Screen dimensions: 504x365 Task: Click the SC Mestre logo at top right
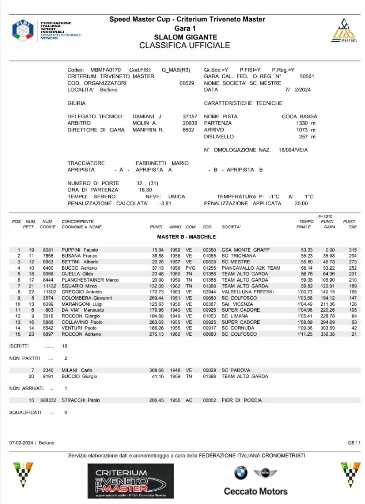point(343,30)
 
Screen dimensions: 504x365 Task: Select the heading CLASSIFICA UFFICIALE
point(185,45)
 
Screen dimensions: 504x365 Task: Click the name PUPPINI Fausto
point(80,250)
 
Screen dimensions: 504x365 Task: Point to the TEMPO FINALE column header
point(303,224)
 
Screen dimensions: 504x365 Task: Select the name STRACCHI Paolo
point(80,400)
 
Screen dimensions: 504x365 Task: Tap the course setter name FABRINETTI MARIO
point(162,163)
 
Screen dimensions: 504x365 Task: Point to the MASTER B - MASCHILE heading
point(186,237)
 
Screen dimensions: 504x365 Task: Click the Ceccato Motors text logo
point(255,491)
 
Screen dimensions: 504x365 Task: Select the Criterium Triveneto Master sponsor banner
point(130,481)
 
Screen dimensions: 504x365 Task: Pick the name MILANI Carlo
point(76,370)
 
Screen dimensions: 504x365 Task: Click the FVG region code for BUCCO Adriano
point(191,268)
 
